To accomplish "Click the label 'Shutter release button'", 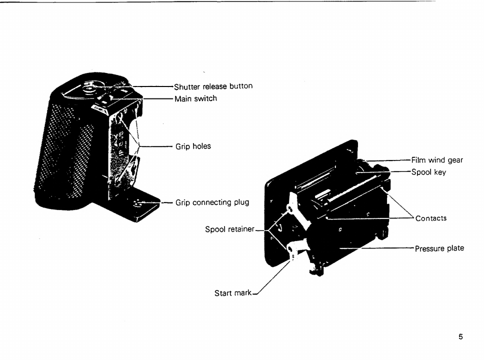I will coord(213,86).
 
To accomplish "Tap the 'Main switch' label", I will coord(195,98).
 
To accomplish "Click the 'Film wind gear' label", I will coord(437,160).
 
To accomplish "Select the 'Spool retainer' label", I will coord(230,230).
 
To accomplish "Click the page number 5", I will coord(460,337).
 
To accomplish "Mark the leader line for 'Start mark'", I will coord(272,279).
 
